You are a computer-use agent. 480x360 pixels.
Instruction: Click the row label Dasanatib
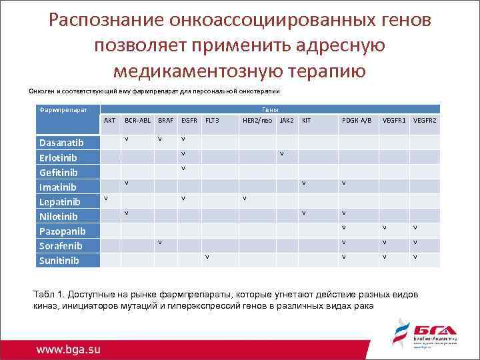point(61,143)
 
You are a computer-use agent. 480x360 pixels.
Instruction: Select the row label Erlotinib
point(59,157)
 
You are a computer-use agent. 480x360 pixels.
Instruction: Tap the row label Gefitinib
point(58,172)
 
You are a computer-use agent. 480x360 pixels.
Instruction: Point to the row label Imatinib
point(58,187)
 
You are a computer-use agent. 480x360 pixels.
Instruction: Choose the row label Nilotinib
point(59,216)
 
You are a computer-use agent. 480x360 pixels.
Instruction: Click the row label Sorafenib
point(61,245)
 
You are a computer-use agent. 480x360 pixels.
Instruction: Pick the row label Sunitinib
point(59,260)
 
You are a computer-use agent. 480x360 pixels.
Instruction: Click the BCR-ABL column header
point(138,121)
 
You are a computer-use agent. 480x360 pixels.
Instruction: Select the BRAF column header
point(165,121)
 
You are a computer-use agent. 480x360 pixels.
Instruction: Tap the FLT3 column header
point(211,121)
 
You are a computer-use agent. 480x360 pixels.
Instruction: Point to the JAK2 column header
point(287,121)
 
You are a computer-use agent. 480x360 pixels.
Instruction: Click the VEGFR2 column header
point(425,121)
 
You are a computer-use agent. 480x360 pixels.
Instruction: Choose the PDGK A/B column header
point(357,121)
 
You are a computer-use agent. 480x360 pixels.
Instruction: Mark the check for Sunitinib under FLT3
point(207,257)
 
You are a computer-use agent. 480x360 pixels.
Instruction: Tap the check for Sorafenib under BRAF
point(160,242)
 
